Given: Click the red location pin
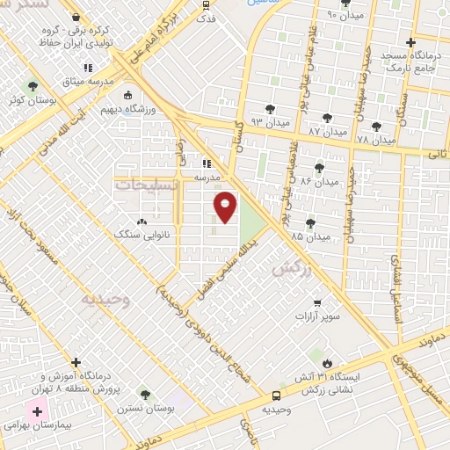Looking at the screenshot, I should coord(226,207).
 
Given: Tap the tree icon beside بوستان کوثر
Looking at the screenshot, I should coord(33,87).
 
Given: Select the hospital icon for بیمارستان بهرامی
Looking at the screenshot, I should coord(38,410).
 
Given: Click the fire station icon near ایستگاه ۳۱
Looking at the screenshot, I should coord(327,361).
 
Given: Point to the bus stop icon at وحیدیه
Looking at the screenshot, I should coord(277,396).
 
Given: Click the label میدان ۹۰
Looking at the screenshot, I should coord(344,15).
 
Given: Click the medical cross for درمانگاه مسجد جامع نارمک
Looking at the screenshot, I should coord(410,41).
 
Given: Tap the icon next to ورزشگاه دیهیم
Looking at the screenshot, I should coord(128,95).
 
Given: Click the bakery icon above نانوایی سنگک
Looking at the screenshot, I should coord(142,221).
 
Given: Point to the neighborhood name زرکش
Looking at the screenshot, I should coord(293,269).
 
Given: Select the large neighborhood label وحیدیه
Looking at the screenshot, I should coord(105,300).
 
